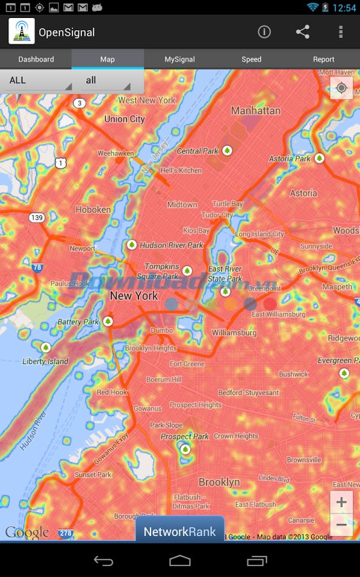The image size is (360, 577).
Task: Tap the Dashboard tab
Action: (x=36, y=59)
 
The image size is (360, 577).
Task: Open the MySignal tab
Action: (x=180, y=59)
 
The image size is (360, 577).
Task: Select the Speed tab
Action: (x=251, y=59)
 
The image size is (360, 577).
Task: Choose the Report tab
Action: (x=323, y=59)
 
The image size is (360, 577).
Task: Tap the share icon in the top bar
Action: (x=302, y=32)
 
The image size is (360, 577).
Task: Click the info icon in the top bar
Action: (x=264, y=32)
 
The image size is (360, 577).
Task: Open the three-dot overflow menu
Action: (x=341, y=32)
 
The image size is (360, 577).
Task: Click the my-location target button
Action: (x=341, y=88)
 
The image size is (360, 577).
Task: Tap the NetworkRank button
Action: (x=180, y=531)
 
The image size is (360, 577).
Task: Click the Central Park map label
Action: (x=198, y=151)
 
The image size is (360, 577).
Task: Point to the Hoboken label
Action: (x=93, y=210)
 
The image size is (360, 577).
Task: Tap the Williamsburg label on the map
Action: (x=234, y=333)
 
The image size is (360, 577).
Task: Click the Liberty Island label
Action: (x=45, y=362)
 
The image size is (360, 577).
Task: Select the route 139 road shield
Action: (x=37, y=218)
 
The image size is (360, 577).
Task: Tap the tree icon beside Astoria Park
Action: (x=319, y=158)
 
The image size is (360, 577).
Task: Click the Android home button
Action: (x=180, y=561)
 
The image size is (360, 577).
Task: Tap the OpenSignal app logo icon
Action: (x=22, y=32)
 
